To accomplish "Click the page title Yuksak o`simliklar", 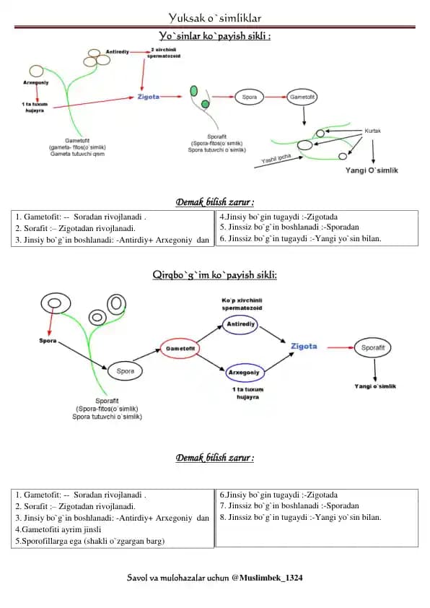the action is (x=214, y=17).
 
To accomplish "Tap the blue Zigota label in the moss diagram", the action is (x=149, y=97).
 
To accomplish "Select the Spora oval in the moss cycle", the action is (x=249, y=97).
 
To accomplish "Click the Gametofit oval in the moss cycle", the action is (x=302, y=97).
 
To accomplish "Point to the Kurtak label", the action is (x=372, y=131).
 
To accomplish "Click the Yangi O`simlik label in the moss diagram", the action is (x=372, y=170).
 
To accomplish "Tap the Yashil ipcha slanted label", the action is (x=276, y=158).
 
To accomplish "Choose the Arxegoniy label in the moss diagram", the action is (x=36, y=82).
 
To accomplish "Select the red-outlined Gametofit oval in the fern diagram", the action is (x=180, y=349).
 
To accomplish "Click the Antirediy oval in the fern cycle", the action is (x=240, y=324).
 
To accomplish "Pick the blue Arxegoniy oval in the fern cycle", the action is (x=244, y=373).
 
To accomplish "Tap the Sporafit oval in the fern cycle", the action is (x=373, y=347).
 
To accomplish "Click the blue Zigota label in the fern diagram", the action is (x=304, y=347).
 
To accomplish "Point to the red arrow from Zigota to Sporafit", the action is (x=341, y=347).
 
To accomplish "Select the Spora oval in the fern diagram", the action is (x=125, y=371).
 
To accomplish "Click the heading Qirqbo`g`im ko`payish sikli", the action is (x=214, y=275).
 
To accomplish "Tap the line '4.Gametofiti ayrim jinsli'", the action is (x=58, y=529).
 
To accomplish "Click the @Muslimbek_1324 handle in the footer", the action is (x=267, y=578).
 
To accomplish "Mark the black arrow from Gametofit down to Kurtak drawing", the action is (x=304, y=115).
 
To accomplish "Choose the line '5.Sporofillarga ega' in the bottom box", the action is (x=90, y=541).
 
